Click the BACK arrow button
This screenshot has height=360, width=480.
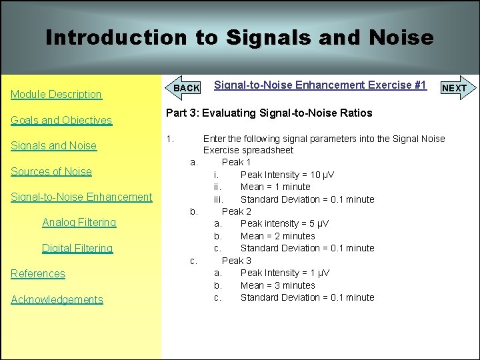185,88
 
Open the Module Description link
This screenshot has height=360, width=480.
56,95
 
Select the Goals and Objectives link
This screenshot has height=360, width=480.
61,121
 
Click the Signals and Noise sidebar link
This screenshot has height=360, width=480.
53,146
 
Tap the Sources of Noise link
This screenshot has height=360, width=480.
51,171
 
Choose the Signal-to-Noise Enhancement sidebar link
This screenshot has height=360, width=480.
81,197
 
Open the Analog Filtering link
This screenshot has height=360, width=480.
79,223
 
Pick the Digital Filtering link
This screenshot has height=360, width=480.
77,248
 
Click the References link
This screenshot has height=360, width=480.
38,273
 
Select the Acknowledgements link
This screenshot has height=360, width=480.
57,299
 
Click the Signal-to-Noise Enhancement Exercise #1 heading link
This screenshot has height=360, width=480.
320,85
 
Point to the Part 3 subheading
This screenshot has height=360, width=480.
269,113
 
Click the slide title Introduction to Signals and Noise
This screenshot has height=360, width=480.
239,37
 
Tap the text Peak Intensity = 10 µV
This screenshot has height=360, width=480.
287,175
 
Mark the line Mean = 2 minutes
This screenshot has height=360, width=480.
277,236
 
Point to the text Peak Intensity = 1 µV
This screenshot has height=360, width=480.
285,273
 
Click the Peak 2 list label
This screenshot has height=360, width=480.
236,211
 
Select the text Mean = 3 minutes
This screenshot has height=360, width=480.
277,285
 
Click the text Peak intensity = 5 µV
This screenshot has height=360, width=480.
285,223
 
